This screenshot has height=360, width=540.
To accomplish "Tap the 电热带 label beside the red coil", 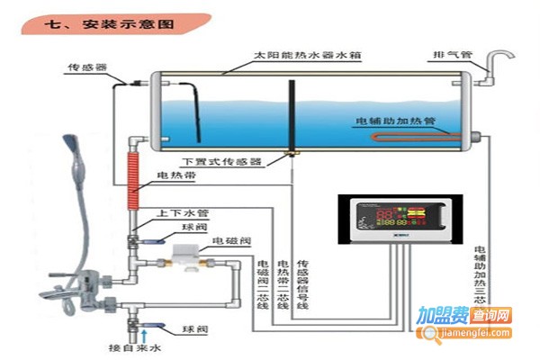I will (174, 175).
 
